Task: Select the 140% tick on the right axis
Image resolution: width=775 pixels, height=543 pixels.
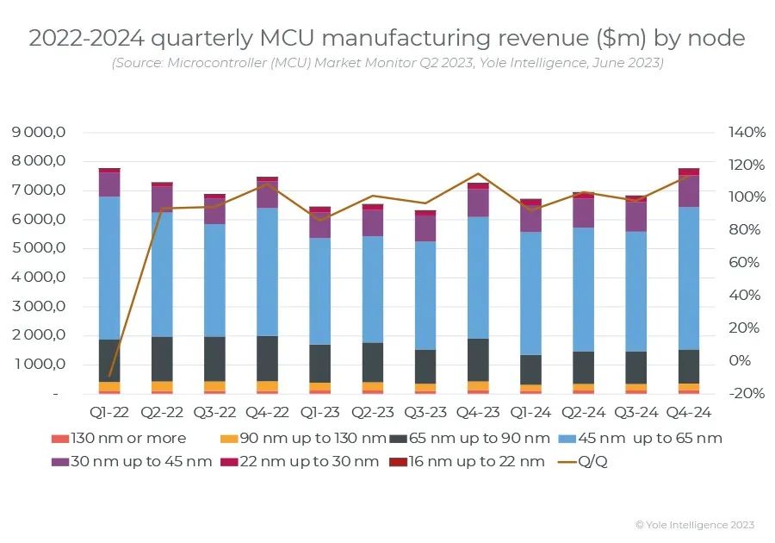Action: (x=747, y=132)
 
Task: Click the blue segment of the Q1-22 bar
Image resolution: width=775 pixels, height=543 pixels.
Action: (x=109, y=267)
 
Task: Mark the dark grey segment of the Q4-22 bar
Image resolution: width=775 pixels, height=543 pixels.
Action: (x=268, y=358)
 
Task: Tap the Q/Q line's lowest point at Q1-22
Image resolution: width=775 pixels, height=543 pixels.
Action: (x=109, y=376)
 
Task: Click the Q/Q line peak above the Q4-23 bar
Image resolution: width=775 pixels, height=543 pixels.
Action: (x=478, y=174)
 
